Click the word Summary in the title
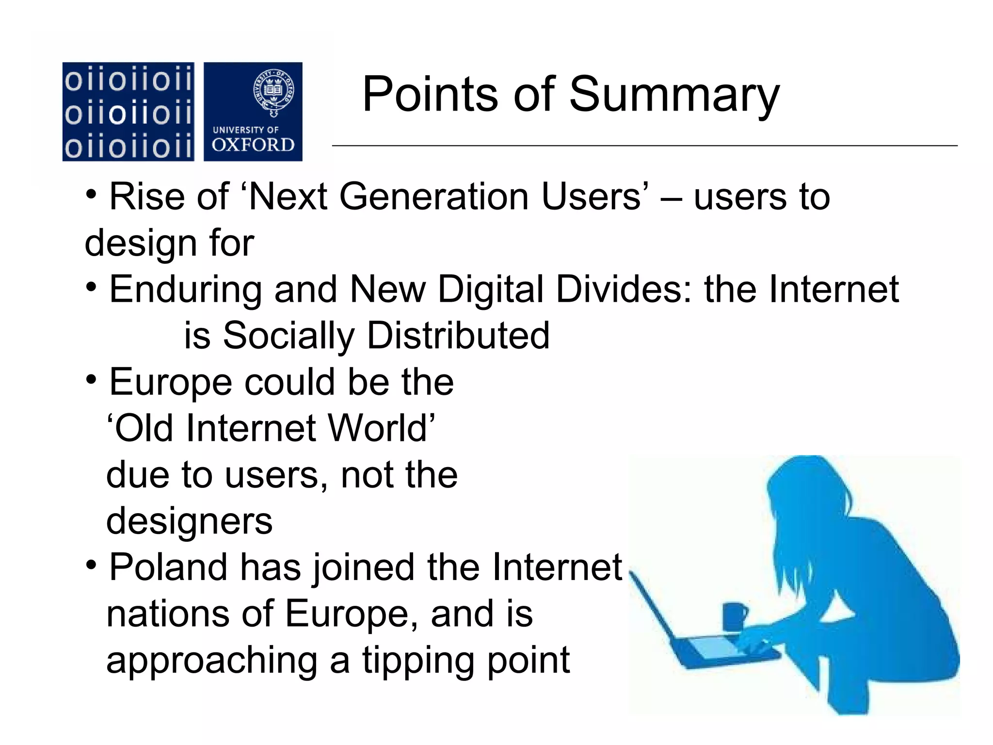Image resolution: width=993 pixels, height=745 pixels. [x=674, y=95]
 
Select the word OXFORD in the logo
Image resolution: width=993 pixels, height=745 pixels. [x=253, y=145]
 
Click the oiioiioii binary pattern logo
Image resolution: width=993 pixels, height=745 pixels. [x=128, y=112]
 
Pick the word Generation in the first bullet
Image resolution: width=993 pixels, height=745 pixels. [x=434, y=196]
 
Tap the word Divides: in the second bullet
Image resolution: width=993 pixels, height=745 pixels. [x=625, y=290]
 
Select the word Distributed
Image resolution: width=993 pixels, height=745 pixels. [x=458, y=336]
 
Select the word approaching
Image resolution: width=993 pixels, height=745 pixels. [x=211, y=661]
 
